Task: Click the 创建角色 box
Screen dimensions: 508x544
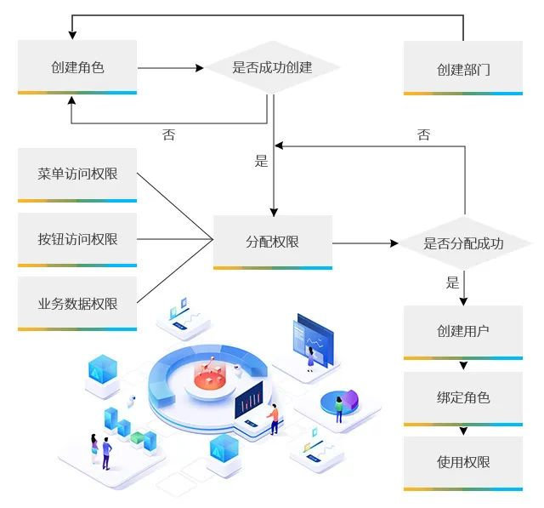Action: (x=77, y=67)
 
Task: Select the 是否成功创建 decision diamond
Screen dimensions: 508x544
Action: (x=272, y=67)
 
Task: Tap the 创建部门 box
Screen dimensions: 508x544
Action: (x=463, y=69)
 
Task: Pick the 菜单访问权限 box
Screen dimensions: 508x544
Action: (x=77, y=174)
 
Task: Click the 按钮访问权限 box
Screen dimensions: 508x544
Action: (x=77, y=239)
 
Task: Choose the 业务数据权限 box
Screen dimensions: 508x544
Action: (x=77, y=303)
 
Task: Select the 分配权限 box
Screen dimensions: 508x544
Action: (x=272, y=242)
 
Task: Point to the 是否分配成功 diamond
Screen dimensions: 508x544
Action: (x=463, y=243)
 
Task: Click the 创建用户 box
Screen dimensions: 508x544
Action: (x=463, y=331)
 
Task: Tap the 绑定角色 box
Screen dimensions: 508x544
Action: (x=463, y=397)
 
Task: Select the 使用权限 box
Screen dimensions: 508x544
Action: (x=463, y=463)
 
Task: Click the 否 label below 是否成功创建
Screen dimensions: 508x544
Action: (x=168, y=135)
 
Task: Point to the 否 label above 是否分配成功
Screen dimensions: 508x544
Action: (x=423, y=134)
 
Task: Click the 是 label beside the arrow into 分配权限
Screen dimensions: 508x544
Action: (x=261, y=161)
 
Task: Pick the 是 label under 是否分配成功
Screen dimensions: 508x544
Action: (x=452, y=283)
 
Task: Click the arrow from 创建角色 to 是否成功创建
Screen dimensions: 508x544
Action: (x=170, y=67)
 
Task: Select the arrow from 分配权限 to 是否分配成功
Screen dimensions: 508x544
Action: (x=365, y=243)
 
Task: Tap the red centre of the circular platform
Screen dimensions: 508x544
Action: (x=209, y=379)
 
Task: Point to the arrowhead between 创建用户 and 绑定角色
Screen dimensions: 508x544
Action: (x=463, y=366)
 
